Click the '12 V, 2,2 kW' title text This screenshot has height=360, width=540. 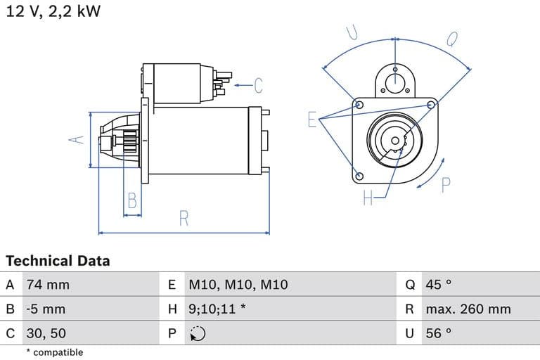click(x=53, y=12)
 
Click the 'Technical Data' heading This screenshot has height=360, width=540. click(x=58, y=261)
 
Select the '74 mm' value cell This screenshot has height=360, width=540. click(x=48, y=285)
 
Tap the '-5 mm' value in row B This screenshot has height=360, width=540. click(x=45, y=309)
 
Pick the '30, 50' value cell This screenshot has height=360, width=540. click(x=46, y=333)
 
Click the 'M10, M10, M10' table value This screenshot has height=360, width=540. click(x=238, y=285)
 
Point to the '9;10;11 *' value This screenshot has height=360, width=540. click(x=217, y=309)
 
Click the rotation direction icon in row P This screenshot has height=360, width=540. click(x=198, y=333)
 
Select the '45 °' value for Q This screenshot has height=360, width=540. click(x=438, y=285)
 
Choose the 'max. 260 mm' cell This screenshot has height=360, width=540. click(x=468, y=309)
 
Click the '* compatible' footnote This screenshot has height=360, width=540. click(x=54, y=352)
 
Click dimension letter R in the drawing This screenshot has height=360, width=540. click(x=184, y=219)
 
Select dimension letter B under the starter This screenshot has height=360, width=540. click(x=131, y=202)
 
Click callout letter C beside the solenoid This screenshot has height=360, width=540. click(x=258, y=86)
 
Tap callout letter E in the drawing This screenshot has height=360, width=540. click(x=312, y=120)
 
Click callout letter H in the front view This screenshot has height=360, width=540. click(x=368, y=198)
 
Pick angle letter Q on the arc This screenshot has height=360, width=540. click(x=452, y=39)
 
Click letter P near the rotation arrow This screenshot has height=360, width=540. click(x=445, y=185)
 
